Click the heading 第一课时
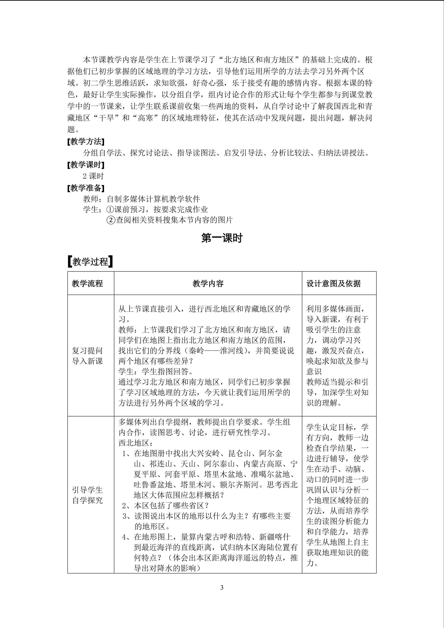pos(222,238)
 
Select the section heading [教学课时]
pos(86,165)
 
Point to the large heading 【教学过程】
pos(90,262)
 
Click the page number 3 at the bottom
pos(222,588)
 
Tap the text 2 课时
pos(93,176)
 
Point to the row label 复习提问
pos(87,351)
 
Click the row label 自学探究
pos(87,500)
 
